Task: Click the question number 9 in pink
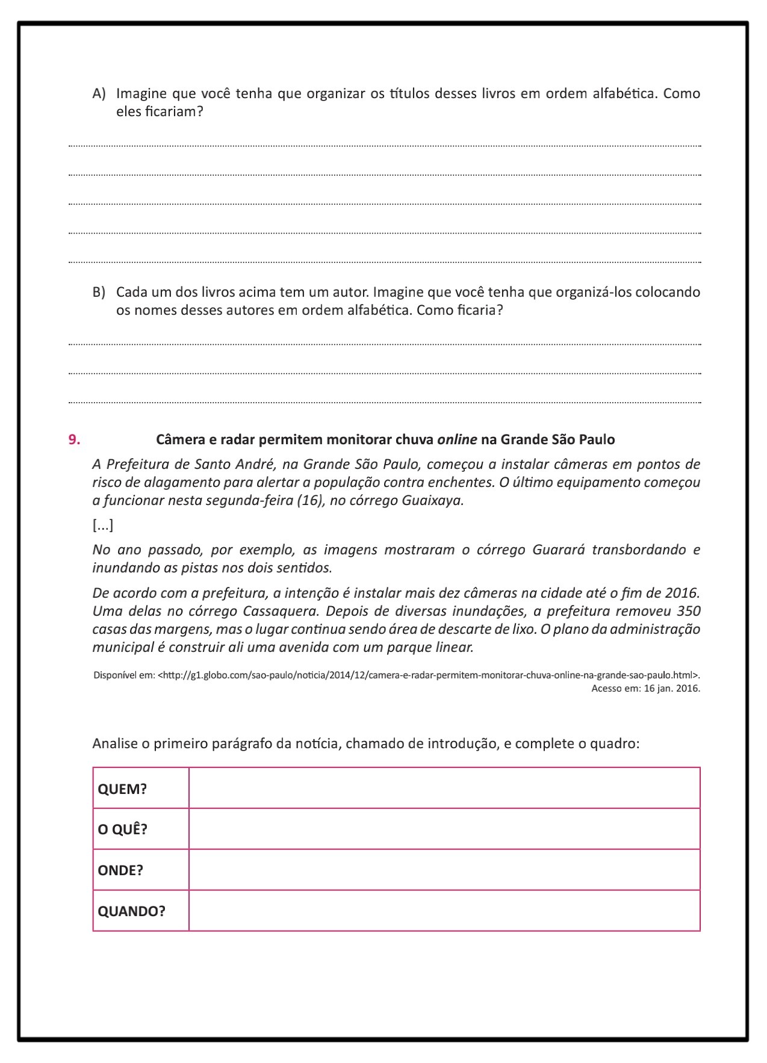pos(74,439)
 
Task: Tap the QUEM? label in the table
pos(122,789)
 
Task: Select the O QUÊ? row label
pos(122,829)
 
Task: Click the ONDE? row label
pos(120,870)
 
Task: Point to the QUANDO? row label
pos(131,911)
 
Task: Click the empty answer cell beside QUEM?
pos(444,789)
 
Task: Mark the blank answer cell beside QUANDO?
pos(444,911)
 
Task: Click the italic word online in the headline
pos(457,439)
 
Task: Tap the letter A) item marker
pos(99,94)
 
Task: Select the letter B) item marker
pos(99,293)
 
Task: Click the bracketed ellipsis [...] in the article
pos(103,525)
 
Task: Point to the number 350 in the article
pos(688,611)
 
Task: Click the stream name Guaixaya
pos(432,501)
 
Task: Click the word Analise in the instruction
pos(114,744)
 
